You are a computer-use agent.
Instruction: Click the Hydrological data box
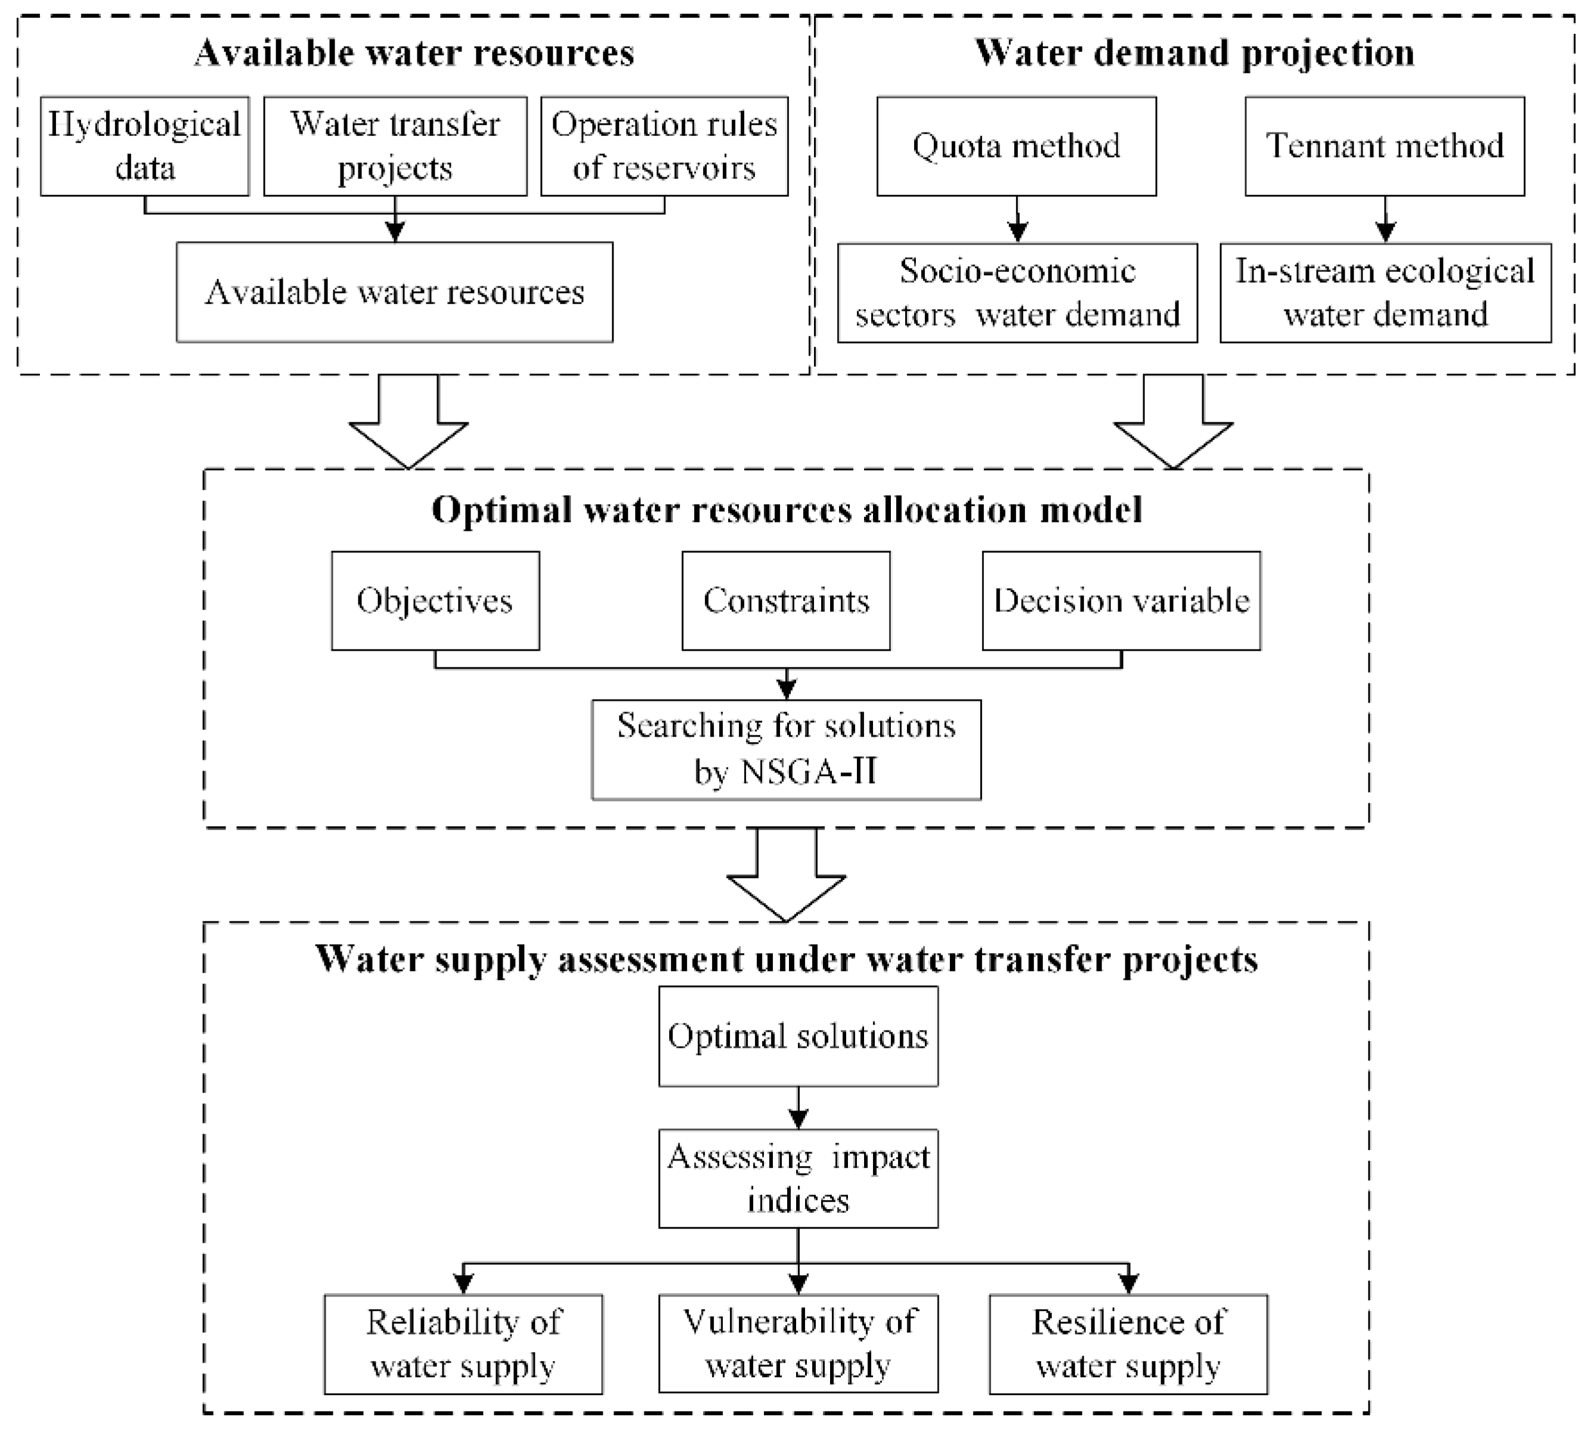click(x=145, y=146)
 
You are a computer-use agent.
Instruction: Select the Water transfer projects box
click(x=395, y=146)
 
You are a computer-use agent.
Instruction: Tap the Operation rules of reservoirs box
click(x=664, y=146)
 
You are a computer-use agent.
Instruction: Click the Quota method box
click(x=1016, y=146)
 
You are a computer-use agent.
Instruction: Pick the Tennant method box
click(x=1384, y=146)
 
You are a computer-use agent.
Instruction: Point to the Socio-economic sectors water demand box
click(x=1017, y=293)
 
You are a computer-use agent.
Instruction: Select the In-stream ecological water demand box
click(x=1385, y=293)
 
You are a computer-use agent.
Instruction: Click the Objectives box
click(x=435, y=601)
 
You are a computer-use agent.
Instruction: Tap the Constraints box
click(x=786, y=601)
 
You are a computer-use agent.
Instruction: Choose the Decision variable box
click(x=1121, y=601)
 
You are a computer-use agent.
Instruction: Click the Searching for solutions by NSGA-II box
click(x=786, y=749)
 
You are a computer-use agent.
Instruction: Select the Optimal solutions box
click(x=797, y=1036)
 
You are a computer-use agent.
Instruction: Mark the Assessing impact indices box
click(x=797, y=1179)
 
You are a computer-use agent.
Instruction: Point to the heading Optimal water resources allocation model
click(x=786, y=510)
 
